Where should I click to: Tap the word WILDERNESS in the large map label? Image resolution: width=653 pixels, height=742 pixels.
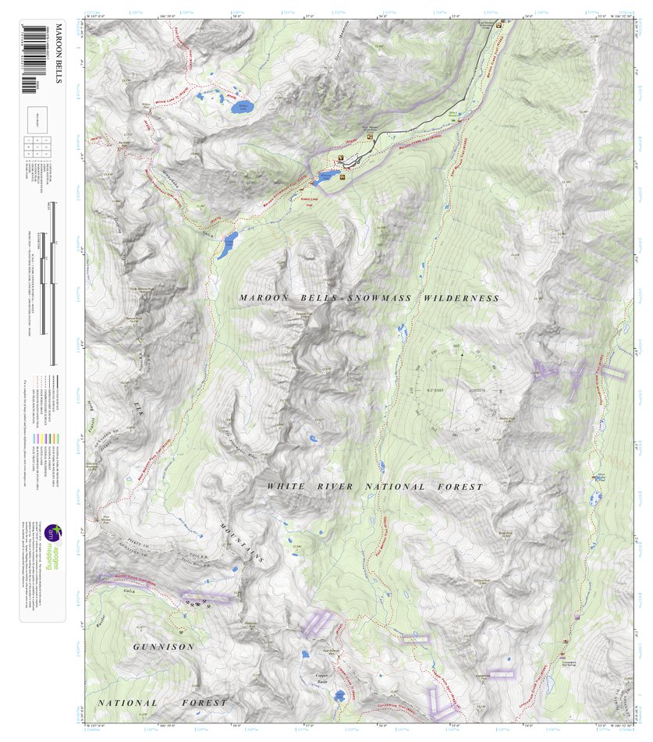pos(460,299)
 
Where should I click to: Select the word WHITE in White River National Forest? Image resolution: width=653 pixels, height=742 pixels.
pos(286,487)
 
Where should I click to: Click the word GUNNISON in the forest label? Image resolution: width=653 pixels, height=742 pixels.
pos(163,648)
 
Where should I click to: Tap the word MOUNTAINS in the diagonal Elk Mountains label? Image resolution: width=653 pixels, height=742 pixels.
pos(241,543)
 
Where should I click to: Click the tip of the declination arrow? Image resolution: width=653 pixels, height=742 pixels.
pos(462,354)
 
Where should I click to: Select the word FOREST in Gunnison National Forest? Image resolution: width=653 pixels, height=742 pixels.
pos(204,703)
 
